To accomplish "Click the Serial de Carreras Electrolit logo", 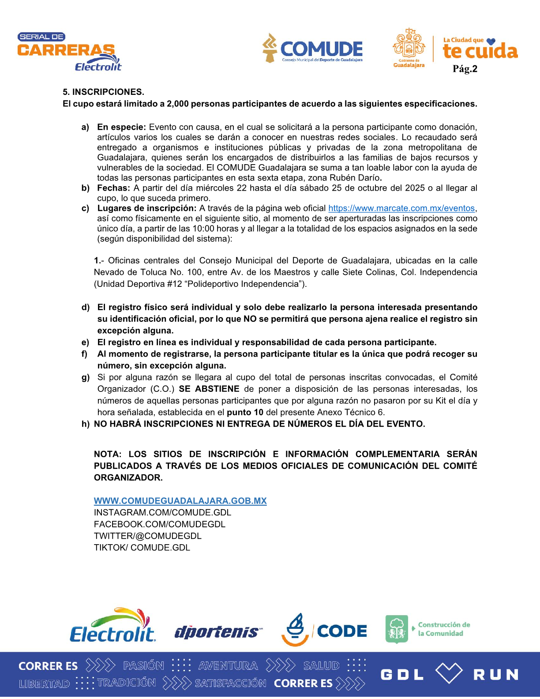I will pyautogui.click(x=69, y=52).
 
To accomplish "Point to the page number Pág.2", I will pyautogui.click(x=465, y=69).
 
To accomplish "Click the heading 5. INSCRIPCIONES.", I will pyautogui.click(x=103, y=92).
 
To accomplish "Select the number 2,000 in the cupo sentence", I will pyautogui.click(x=177, y=104).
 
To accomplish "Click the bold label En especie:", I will pyautogui.click(x=121, y=128).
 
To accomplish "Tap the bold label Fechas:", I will pyautogui.click(x=113, y=188).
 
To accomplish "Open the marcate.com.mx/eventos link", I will pyautogui.click(x=401, y=209).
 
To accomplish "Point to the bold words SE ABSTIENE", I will pyautogui.click(x=209, y=389).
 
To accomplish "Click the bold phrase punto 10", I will pyautogui.click(x=245, y=413).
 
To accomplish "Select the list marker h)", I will pyautogui.click(x=86, y=425).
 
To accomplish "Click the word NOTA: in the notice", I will pyautogui.click(x=108, y=455).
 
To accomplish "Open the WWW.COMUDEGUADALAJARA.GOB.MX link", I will pyautogui.click(x=180, y=501).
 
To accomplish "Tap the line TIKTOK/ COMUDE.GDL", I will pyautogui.click(x=142, y=548).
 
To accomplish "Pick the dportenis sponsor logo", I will pyautogui.click(x=218, y=632).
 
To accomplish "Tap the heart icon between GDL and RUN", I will pyautogui.click(x=449, y=673).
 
